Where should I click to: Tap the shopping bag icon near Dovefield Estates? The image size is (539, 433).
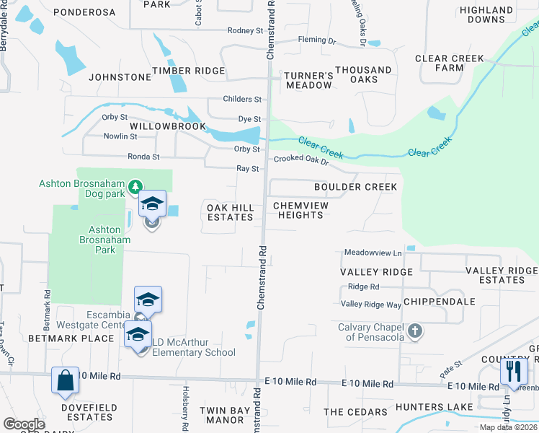(65, 381)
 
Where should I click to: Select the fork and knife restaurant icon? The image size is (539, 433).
(513, 372)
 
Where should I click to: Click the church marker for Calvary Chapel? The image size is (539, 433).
(414, 331)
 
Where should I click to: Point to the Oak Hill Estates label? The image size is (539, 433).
(231, 212)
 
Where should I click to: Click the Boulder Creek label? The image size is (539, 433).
(355, 187)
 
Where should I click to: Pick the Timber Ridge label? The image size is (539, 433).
(188, 71)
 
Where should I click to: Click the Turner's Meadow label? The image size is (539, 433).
(308, 80)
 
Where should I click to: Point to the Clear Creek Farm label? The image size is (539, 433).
(450, 64)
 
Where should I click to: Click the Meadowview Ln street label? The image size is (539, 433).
(373, 253)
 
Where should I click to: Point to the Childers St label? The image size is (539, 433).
(242, 99)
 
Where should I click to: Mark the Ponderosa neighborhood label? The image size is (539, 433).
(84, 13)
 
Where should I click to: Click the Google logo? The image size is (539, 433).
(24, 424)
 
